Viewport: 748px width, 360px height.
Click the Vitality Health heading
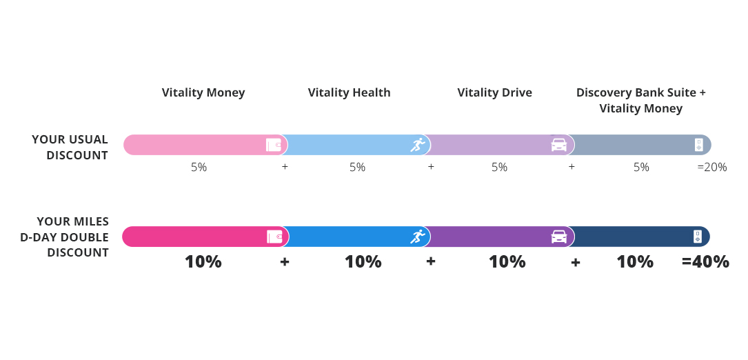(350, 92)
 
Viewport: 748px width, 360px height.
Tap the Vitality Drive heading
(495, 92)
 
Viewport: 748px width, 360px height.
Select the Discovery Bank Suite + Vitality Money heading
(640, 100)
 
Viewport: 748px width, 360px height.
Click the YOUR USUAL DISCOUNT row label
(70, 147)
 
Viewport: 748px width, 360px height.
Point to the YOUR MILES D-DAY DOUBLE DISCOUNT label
(64, 237)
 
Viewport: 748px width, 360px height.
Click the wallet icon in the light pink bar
(274, 145)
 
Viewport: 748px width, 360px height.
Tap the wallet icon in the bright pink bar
(274, 237)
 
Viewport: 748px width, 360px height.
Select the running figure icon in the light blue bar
(418, 145)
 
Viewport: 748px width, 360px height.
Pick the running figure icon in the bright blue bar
(418, 237)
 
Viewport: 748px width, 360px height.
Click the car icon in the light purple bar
(559, 145)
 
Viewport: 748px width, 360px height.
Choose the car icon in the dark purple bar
(559, 237)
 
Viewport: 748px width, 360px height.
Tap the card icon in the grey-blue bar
(699, 145)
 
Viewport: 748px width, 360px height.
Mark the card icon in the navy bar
(698, 237)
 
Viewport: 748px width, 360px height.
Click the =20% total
(711, 167)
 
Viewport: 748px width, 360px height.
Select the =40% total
(705, 261)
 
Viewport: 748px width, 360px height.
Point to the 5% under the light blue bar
(357, 167)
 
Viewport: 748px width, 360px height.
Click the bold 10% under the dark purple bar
(507, 261)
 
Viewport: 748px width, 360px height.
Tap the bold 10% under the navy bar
(635, 261)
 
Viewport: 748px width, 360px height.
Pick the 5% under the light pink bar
(199, 167)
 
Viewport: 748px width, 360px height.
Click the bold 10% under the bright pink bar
(203, 261)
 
